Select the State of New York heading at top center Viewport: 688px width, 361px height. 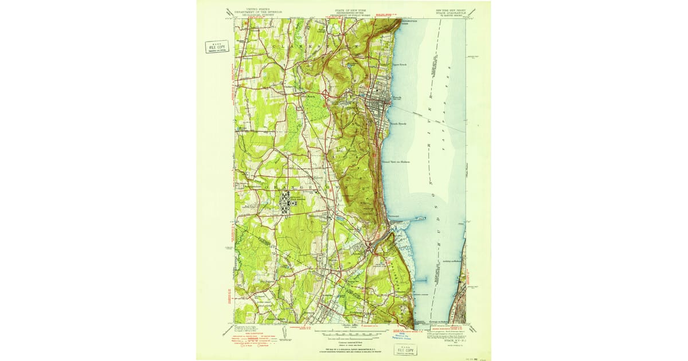point(349,11)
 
